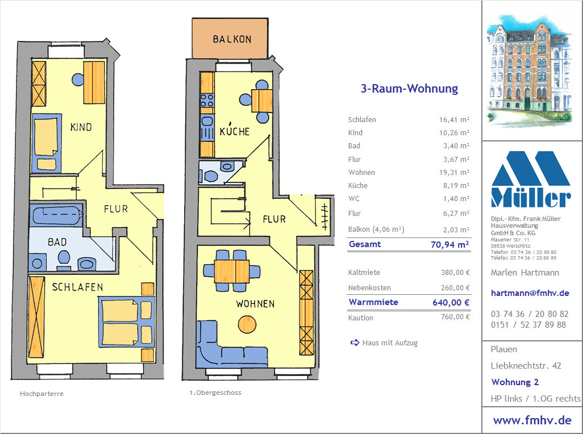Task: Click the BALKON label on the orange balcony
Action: click(x=232, y=39)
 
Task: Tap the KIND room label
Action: click(x=81, y=127)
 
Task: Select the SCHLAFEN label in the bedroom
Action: click(x=77, y=287)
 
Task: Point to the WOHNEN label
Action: click(x=255, y=303)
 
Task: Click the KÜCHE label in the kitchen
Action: click(x=235, y=130)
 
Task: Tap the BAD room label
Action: click(x=57, y=242)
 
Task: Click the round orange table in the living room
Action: click(x=247, y=324)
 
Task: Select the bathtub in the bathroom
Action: click(x=56, y=214)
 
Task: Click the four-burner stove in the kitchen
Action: click(x=207, y=101)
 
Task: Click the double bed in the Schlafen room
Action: click(x=126, y=322)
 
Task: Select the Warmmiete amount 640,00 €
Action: click(x=451, y=302)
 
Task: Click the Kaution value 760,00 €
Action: click(x=456, y=317)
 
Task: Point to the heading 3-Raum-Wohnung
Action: click(x=409, y=89)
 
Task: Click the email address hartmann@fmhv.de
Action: click(x=530, y=293)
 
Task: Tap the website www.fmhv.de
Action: click(x=532, y=420)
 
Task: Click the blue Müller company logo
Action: click(x=531, y=179)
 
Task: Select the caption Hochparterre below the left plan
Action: click(x=41, y=394)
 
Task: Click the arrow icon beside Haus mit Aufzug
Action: click(x=355, y=343)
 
